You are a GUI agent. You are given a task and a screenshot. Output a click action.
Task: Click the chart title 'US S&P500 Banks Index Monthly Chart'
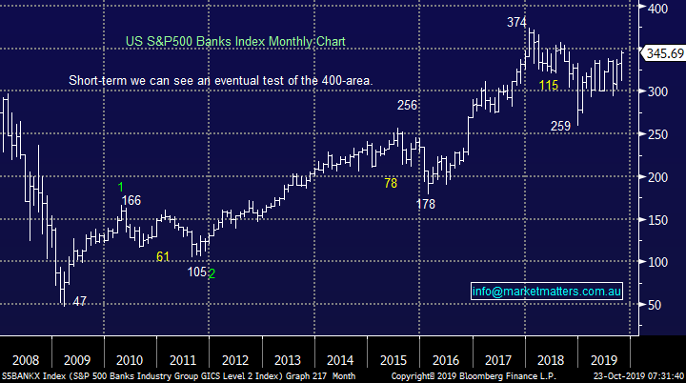(234, 41)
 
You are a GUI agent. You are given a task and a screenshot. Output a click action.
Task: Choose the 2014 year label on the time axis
(340, 360)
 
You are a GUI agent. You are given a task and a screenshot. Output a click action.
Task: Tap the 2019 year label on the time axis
(603, 360)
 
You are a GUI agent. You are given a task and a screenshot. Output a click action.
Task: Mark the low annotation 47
(80, 301)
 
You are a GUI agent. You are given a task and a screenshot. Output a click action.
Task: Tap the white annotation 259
(561, 126)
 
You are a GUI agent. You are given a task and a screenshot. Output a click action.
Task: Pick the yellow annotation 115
(549, 86)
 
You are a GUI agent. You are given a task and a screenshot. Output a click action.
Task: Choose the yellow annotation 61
(163, 255)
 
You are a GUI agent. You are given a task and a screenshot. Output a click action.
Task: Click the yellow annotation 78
(391, 183)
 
